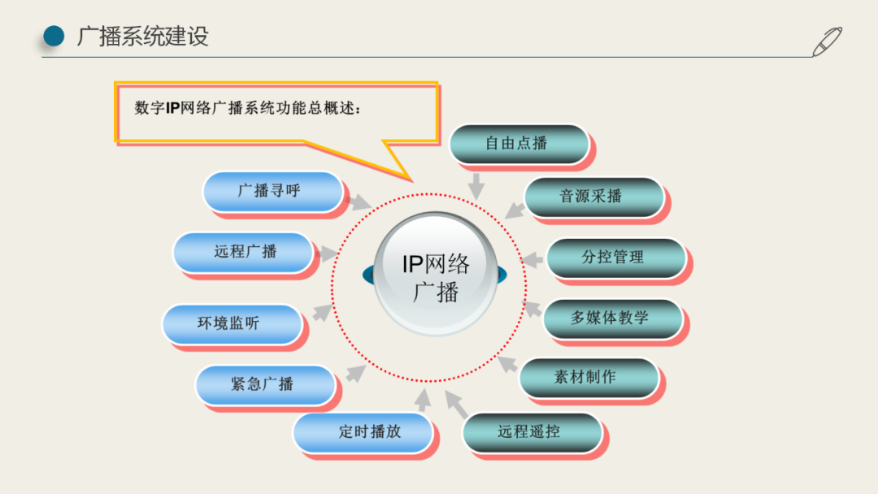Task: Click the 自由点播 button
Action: (x=518, y=144)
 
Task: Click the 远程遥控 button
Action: (x=531, y=432)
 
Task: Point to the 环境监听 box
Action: (x=231, y=323)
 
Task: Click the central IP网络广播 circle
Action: (x=436, y=275)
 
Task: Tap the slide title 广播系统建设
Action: (x=143, y=36)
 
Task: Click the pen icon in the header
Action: (x=827, y=41)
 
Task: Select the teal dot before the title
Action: (x=54, y=36)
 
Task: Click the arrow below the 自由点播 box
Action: (x=476, y=184)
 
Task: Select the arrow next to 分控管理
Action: (x=532, y=259)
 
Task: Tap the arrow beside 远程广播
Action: (x=327, y=254)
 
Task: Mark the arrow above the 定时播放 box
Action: (x=422, y=399)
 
